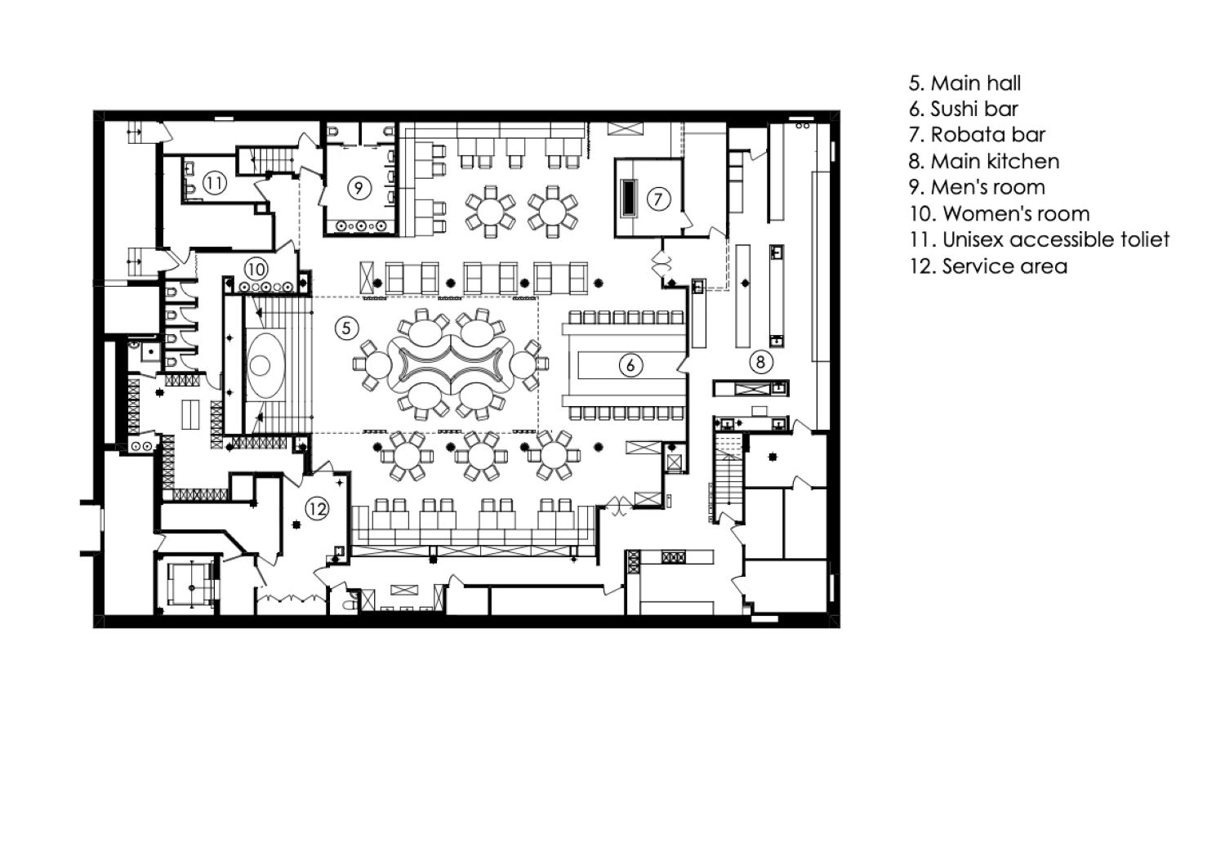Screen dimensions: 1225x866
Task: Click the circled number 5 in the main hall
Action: (346, 328)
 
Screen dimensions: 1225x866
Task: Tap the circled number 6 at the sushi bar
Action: (630, 365)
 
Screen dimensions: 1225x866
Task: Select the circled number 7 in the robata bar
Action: (658, 199)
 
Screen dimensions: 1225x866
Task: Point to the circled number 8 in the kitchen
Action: (760, 362)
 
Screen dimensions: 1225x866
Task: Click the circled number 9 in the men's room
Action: (359, 188)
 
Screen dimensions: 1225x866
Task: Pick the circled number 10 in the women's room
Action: (256, 269)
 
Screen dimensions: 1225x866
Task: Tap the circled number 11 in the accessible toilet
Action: (214, 182)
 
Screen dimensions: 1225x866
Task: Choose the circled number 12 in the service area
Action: (317, 509)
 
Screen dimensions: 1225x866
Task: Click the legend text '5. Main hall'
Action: (964, 83)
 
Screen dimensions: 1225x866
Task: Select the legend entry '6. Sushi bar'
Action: (964, 109)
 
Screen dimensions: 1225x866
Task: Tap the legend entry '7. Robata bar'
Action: (978, 135)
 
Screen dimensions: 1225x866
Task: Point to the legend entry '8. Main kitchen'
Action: (984, 162)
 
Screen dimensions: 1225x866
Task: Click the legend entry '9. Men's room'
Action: (978, 187)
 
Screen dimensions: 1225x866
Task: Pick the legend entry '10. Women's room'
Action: (1000, 213)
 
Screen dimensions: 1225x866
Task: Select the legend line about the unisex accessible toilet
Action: (1040, 239)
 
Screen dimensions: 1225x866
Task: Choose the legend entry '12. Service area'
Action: (988, 266)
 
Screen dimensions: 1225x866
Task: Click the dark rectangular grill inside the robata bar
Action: (630, 199)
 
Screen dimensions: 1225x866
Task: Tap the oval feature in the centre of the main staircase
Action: (265, 364)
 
